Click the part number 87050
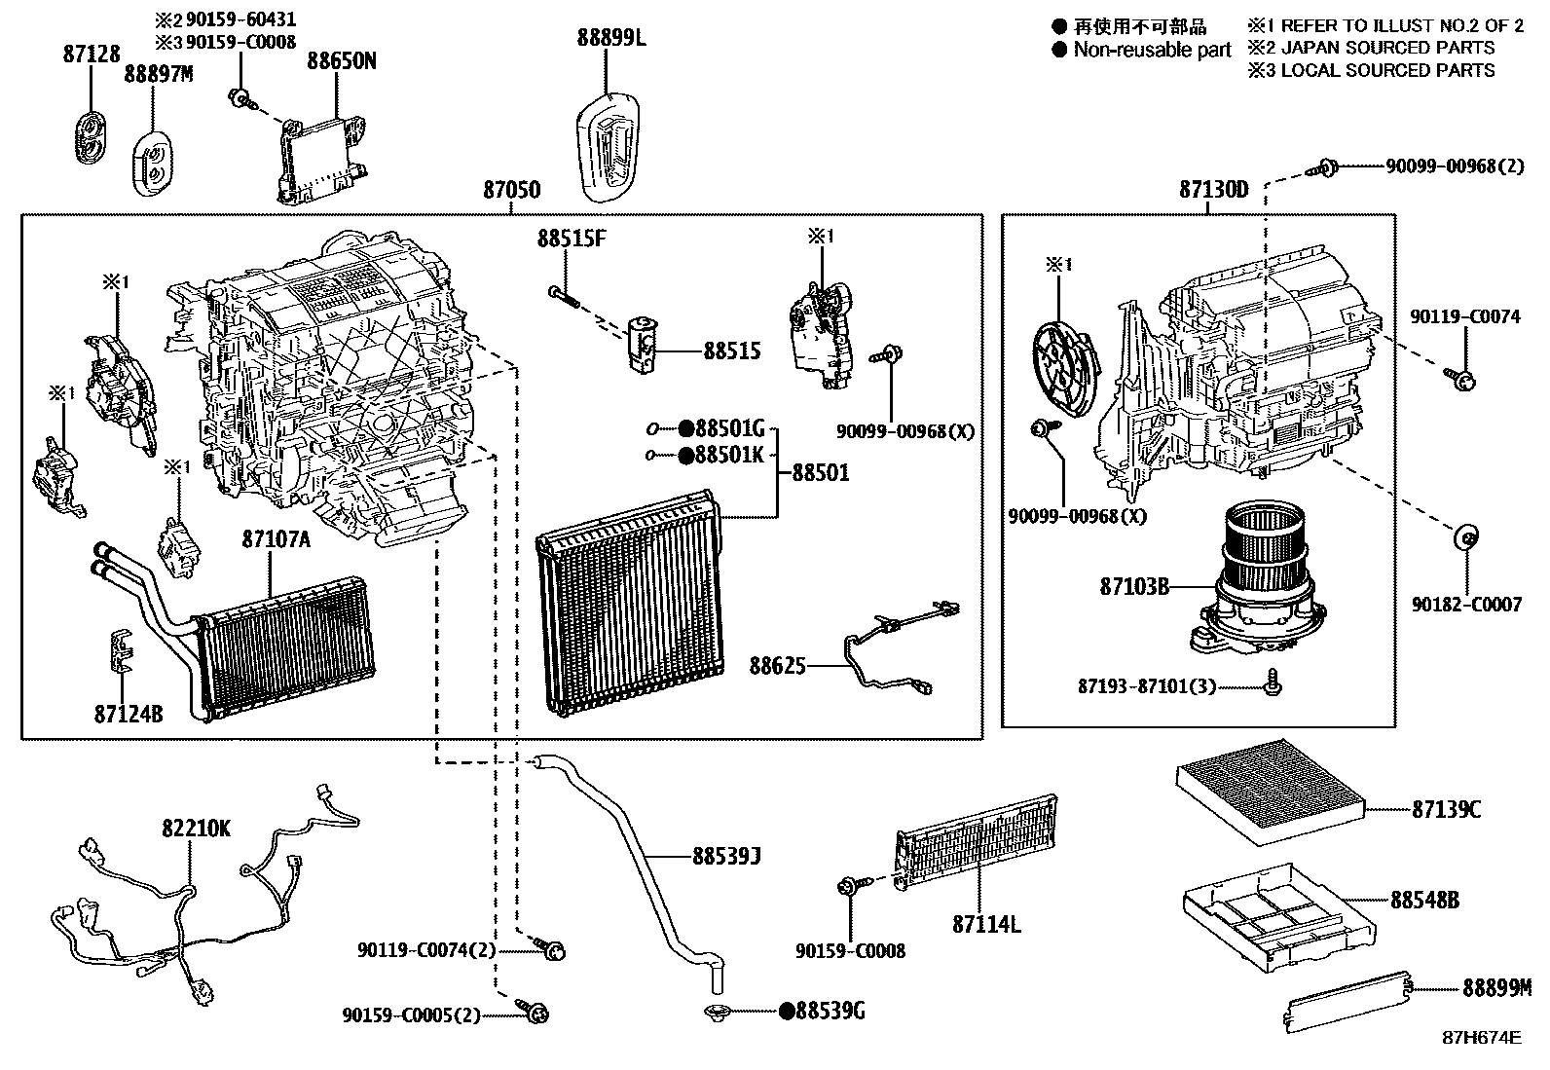click(x=512, y=191)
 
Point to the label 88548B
click(x=1424, y=901)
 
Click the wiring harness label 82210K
click(x=197, y=829)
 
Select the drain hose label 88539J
click(x=726, y=857)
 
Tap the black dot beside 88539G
click(x=786, y=1012)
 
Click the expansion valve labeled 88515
click(x=645, y=346)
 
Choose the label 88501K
click(x=729, y=455)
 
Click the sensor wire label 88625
click(x=777, y=665)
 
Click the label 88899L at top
click(x=610, y=39)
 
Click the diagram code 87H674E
click(x=1481, y=1038)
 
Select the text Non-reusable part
click(x=1152, y=50)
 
